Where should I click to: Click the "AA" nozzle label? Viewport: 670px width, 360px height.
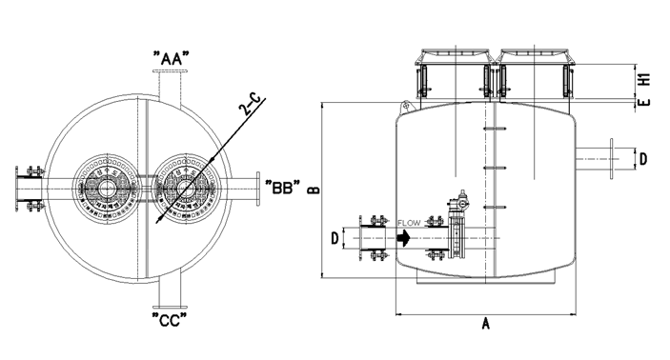click(x=171, y=58)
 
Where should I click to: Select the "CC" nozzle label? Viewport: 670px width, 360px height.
click(x=170, y=319)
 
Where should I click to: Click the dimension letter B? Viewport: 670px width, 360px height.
click(x=315, y=190)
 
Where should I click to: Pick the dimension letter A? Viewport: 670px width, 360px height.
click(x=485, y=323)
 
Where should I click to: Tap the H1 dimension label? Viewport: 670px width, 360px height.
click(x=644, y=79)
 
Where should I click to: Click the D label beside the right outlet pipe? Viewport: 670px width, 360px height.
click(x=643, y=159)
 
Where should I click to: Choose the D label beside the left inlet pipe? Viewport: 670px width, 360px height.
click(x=335, y=238)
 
